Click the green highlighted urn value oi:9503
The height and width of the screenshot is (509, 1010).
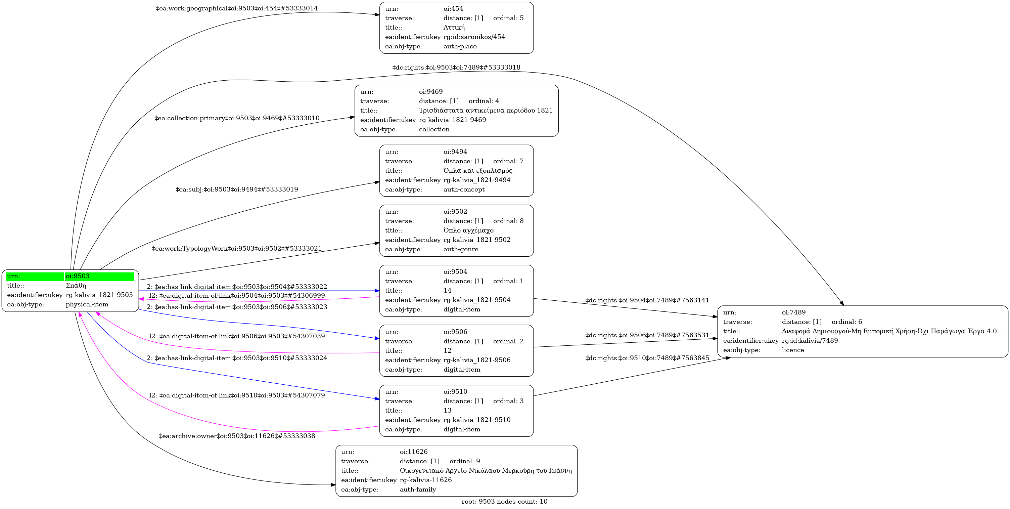[78, 276]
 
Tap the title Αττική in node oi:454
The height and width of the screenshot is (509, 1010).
[454, 28]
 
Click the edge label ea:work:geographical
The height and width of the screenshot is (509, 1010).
[236, 8]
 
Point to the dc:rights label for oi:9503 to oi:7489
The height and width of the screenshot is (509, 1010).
[456, 68]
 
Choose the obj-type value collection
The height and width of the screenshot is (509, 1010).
[434, 129]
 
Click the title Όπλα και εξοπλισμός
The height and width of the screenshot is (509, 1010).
[477, 171]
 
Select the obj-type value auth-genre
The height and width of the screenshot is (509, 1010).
[461, 249]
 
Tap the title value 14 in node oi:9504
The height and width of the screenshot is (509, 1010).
[447, 290]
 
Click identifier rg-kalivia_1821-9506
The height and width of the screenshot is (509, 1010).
[477, 360]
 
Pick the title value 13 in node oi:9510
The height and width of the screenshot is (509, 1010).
[447, 411]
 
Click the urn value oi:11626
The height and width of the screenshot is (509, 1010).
[414, 452]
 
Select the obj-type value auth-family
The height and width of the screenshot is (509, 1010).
[418, 490]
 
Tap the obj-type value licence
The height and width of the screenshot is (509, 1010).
[792, 350]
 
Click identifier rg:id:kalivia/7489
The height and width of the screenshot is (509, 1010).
[810, 341]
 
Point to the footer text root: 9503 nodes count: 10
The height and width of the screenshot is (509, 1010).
[504, 502]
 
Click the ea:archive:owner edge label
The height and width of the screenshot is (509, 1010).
[237, 436]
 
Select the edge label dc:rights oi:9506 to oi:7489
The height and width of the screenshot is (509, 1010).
[647, 335]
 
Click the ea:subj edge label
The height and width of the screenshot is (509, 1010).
[236, 189]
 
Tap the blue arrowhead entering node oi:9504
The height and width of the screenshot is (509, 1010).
[377, 291]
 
